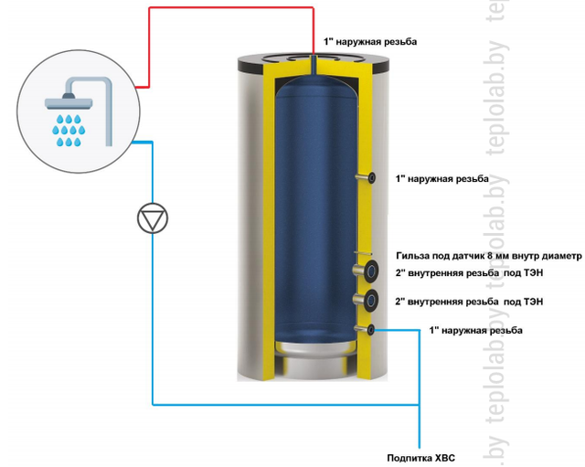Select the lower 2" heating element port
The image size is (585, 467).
pos(373,300)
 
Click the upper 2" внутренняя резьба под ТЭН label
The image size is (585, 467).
pos(470,272)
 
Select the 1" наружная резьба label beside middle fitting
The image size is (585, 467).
pos(442,178)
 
